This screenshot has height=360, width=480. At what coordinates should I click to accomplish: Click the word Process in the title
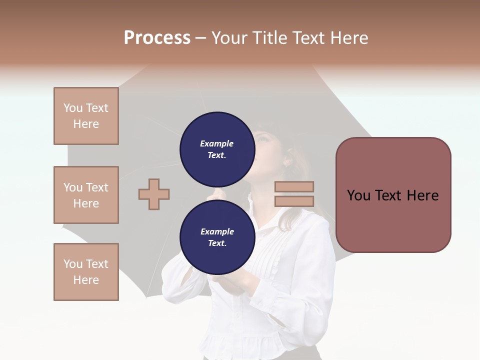pos(157,38)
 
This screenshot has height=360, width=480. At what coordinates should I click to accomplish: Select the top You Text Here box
pos(86,116)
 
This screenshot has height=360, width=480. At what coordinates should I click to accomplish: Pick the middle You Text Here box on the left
pos(86,195)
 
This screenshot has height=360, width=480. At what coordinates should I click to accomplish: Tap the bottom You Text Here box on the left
pos(86,272)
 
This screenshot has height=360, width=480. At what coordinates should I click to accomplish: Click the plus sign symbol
pos(154,194)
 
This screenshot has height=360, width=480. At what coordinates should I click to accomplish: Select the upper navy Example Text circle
pos(217,146)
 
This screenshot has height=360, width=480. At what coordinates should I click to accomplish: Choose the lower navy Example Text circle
pos(217,234)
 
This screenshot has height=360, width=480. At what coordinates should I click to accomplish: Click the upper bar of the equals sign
pos(294,186)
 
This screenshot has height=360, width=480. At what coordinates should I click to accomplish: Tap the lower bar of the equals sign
pos(294,201)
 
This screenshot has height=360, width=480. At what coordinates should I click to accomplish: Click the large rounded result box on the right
pos(393,195)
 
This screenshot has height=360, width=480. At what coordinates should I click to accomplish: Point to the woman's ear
pos(288,160)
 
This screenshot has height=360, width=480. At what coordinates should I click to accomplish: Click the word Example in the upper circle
pos(217,143)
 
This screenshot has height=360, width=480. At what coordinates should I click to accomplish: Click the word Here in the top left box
pos(86,124)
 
